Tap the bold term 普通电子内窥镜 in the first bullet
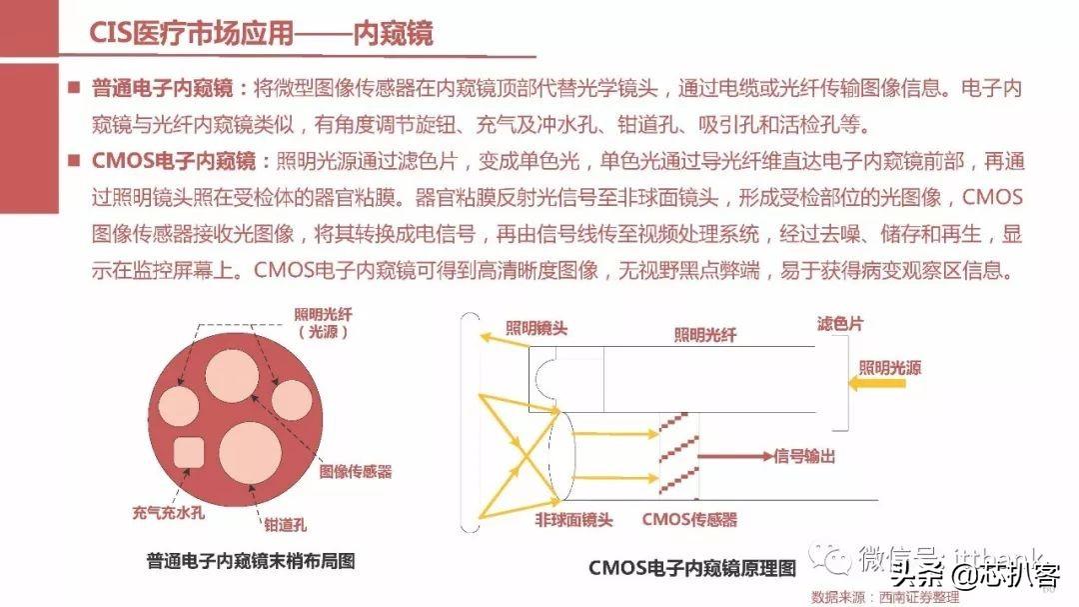[159, 88]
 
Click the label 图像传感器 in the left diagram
[355, 471]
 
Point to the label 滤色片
[840, 324]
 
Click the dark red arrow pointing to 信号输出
[735, 456]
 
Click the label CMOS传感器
[688, 520]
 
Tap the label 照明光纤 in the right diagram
[705, 336]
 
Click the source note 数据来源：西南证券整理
[885, 597]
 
